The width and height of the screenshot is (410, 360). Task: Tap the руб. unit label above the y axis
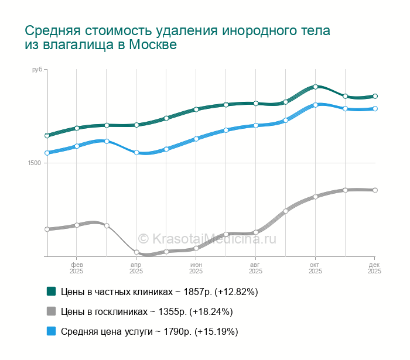(37, 70)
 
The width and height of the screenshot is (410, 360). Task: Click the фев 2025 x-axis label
(77, 268)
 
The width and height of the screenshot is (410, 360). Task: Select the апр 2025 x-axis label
(136, 268)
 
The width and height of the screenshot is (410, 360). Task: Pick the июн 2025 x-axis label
(196, 268)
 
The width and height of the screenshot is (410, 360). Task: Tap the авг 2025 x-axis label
(256, 268)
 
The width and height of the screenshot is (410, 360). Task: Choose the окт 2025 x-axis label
(315, 268)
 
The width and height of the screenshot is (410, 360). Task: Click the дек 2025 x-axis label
(375, 268)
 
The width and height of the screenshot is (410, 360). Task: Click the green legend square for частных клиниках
(52, 291)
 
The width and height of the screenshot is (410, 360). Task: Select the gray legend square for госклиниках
(52, 311)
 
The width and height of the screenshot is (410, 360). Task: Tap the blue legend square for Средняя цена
(52, 331)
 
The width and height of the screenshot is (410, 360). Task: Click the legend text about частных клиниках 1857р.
(159, 292)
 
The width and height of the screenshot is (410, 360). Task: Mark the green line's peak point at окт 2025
(315, 87)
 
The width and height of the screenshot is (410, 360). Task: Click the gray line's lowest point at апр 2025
(136, 252)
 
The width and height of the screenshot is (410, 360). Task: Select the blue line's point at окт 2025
(315, 105)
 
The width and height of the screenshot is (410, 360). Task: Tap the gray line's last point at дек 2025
(375, 190)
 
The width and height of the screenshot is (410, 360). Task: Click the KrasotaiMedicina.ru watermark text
(207, 238)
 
